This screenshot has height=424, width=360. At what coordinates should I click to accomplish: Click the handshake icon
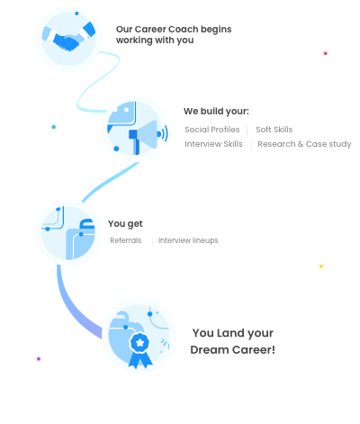click(68, 38)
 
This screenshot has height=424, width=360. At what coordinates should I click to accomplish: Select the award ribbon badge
click(139, 350)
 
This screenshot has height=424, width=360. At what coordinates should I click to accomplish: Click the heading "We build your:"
click(216, 112)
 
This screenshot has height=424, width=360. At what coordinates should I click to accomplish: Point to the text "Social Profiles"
click(212, 130)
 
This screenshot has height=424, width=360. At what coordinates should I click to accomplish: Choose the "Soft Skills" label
click(274, 130)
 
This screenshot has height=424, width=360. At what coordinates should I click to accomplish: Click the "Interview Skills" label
click(213, 144)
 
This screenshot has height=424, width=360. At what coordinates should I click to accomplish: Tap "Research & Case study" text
click(304, 144)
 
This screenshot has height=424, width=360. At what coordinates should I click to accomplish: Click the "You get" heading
click(125, 224)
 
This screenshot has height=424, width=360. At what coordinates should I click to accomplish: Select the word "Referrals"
click(126, 240)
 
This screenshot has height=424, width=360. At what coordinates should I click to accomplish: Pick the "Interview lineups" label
click(188, 240)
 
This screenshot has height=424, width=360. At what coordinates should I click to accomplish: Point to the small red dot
click(325, 53)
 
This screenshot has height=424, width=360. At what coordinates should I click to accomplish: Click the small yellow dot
click(321, 266)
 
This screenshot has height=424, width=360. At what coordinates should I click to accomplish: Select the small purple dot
click(39, 358)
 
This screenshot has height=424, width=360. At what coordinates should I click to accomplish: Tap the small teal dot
click(54, 127)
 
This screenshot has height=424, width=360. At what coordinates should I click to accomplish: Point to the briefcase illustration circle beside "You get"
click(68, 233)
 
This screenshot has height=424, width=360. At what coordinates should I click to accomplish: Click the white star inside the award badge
click(139, 342)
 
